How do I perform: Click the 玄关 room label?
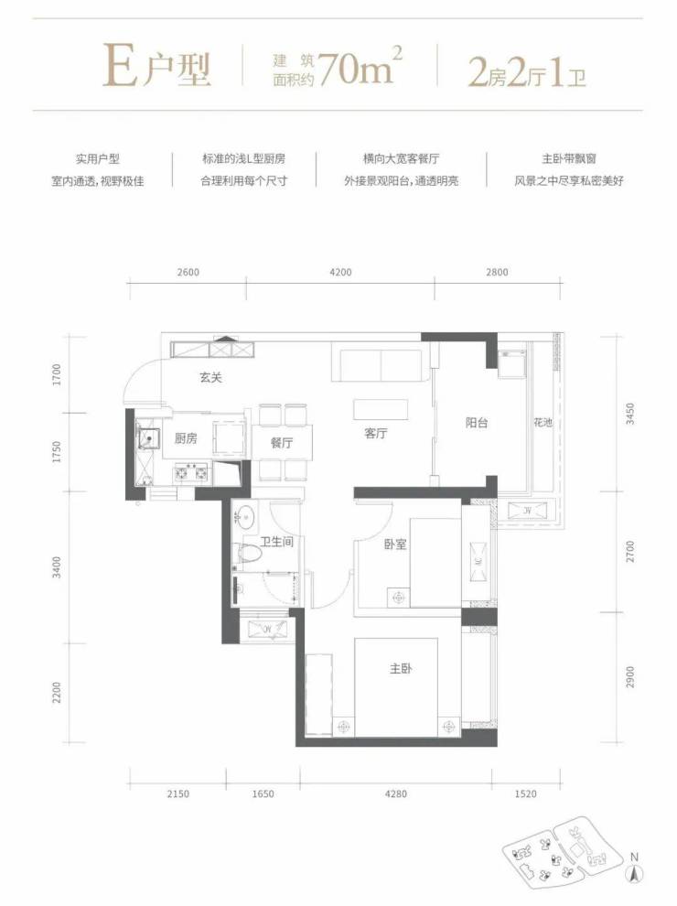pos(210,378)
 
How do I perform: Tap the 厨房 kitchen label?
pos(186,438)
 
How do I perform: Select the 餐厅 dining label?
pos(281,443)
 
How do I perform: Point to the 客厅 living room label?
pos(375,434)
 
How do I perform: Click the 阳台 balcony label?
pos(477,423)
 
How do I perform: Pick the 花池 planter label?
pos(543,423)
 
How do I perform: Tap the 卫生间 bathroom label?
pos(276,542)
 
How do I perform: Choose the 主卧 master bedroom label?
pos(401,669)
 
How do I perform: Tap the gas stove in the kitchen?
pos(191,473)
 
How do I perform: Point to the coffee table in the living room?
pos(381,409)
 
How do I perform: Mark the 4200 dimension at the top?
pos(341,272)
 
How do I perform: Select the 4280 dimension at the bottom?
pos(396,794)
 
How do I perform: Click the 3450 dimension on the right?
pos(630,414)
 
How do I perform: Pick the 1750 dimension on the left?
pos(57,451)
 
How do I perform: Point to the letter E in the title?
pos(120,69)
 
